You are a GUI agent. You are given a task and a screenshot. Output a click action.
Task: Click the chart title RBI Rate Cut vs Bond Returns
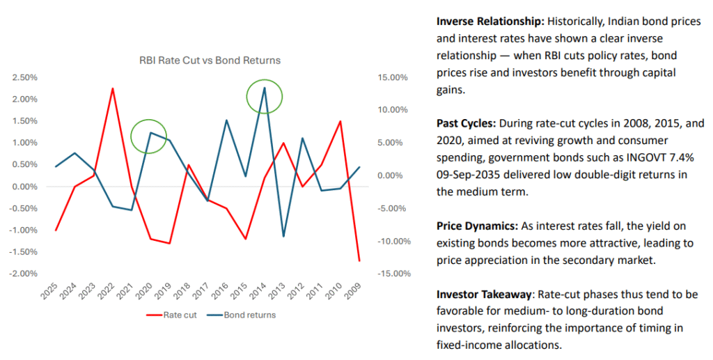click(x=210, y=61)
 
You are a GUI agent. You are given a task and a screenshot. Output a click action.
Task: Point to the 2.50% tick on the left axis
click(x=25, y=77)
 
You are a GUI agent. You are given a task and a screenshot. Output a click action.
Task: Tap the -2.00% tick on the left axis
click(x=24, y=273)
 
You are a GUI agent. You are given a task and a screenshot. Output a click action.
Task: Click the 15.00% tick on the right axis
click(x=392, y=77)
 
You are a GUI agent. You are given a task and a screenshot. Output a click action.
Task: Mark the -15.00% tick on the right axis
click(x=391, y=273)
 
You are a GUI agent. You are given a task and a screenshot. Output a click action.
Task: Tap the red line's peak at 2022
click(x=113, y=88)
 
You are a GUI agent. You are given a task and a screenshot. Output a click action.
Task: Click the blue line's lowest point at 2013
click(x=283, y=237)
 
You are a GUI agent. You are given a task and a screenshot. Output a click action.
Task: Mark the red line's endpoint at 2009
click(x=359, y=261)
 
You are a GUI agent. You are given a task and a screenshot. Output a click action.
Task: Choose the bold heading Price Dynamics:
click(x=476, y=226)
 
